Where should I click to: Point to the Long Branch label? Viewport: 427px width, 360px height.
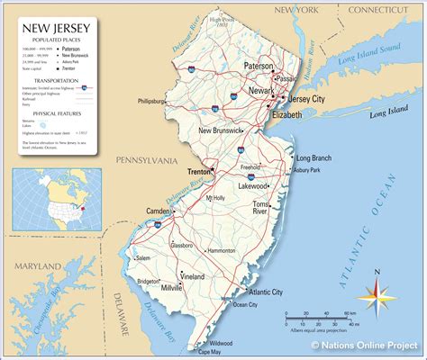click(x=314, y=158)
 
